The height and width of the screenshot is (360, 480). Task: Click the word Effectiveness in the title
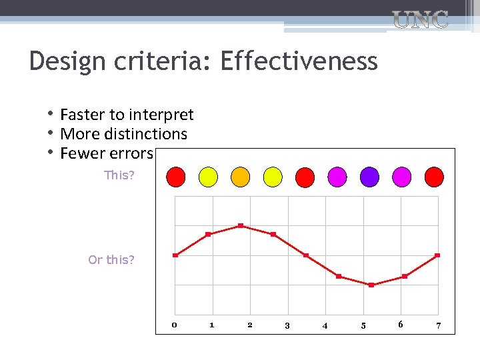tap(299, 62)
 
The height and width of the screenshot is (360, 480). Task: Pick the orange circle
tap(240, 177)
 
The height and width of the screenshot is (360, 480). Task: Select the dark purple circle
tap(369, 177)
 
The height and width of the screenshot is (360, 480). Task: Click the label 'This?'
tap(119, 175)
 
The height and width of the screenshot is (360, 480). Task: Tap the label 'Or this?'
tap(111, 259)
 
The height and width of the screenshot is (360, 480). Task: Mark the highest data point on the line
tap(241, 225)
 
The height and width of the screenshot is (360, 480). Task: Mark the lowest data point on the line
tap(371, 285)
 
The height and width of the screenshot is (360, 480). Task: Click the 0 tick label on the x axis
tap(174, 325)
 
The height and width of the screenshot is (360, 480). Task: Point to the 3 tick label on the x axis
tap(287, 325)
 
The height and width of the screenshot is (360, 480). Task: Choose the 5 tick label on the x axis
tap(363, 325)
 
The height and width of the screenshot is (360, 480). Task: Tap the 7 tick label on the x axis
tap(438, 325)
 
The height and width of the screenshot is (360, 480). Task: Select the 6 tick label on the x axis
tap(400, 324)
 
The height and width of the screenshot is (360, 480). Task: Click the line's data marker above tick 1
tap(208, 234)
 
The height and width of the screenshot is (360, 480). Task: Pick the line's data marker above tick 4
tap(306, 255)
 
